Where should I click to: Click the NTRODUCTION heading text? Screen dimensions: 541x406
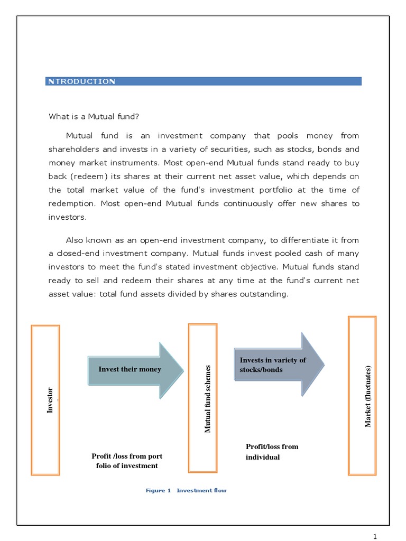click(81, 81)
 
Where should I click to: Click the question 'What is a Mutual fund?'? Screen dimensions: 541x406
click(94, 116)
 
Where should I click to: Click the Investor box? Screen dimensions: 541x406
click(45, 400)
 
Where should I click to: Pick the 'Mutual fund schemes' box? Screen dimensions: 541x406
click(202, 398)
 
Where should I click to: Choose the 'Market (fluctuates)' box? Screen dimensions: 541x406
click(362, 396)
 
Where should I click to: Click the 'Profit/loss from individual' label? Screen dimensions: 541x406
click(272, 452)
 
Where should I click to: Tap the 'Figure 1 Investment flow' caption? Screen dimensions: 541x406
click(186, 491)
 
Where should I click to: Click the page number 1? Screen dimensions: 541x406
click(375, 537)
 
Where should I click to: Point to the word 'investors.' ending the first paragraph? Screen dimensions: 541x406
click(67, 217)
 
